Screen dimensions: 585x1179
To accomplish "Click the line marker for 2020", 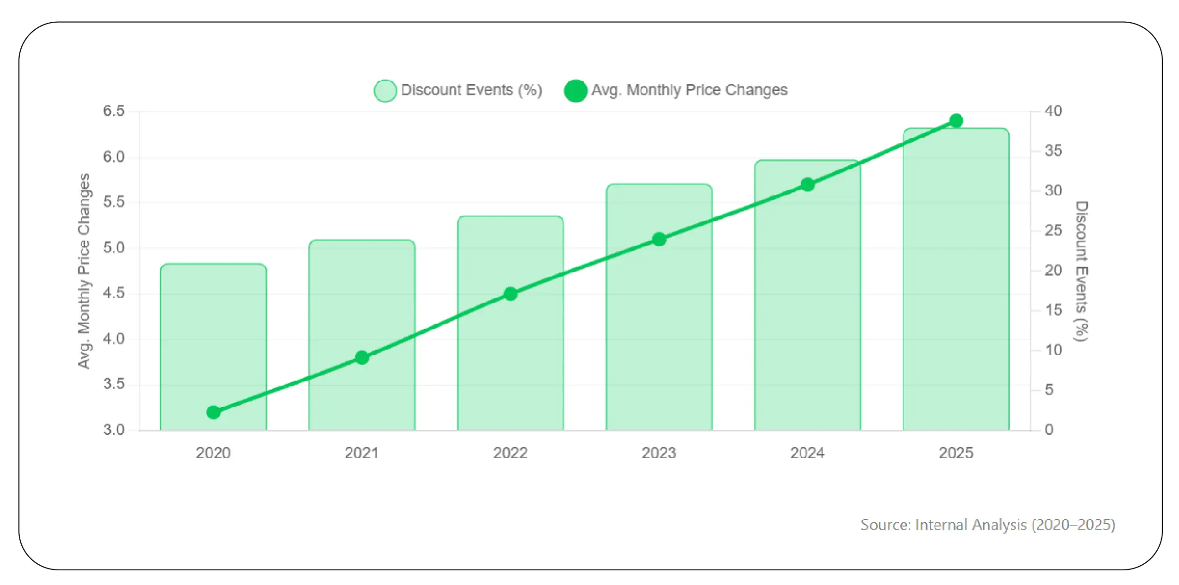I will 213,412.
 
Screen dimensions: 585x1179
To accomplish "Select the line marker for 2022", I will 510,294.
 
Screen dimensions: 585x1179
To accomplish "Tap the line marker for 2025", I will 956,121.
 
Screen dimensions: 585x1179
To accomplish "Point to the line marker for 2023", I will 659,240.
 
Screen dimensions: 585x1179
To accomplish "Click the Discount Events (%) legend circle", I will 385,91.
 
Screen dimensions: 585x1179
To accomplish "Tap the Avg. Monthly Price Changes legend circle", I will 576,91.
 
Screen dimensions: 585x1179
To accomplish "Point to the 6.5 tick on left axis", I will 114,111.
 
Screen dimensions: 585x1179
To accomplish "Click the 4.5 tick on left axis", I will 114,293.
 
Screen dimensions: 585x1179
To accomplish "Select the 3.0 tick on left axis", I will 114,430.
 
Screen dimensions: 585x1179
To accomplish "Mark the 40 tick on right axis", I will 1053,111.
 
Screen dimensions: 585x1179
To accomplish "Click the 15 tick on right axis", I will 1053,310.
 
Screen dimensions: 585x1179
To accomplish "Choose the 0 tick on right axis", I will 1049,430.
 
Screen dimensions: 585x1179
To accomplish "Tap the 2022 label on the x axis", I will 510,453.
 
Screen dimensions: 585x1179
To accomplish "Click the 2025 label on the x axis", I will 956,453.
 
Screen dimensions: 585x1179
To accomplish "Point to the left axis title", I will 84,271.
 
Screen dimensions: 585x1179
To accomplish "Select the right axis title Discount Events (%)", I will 1081,271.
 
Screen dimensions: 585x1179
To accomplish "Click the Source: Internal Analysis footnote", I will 988,525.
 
